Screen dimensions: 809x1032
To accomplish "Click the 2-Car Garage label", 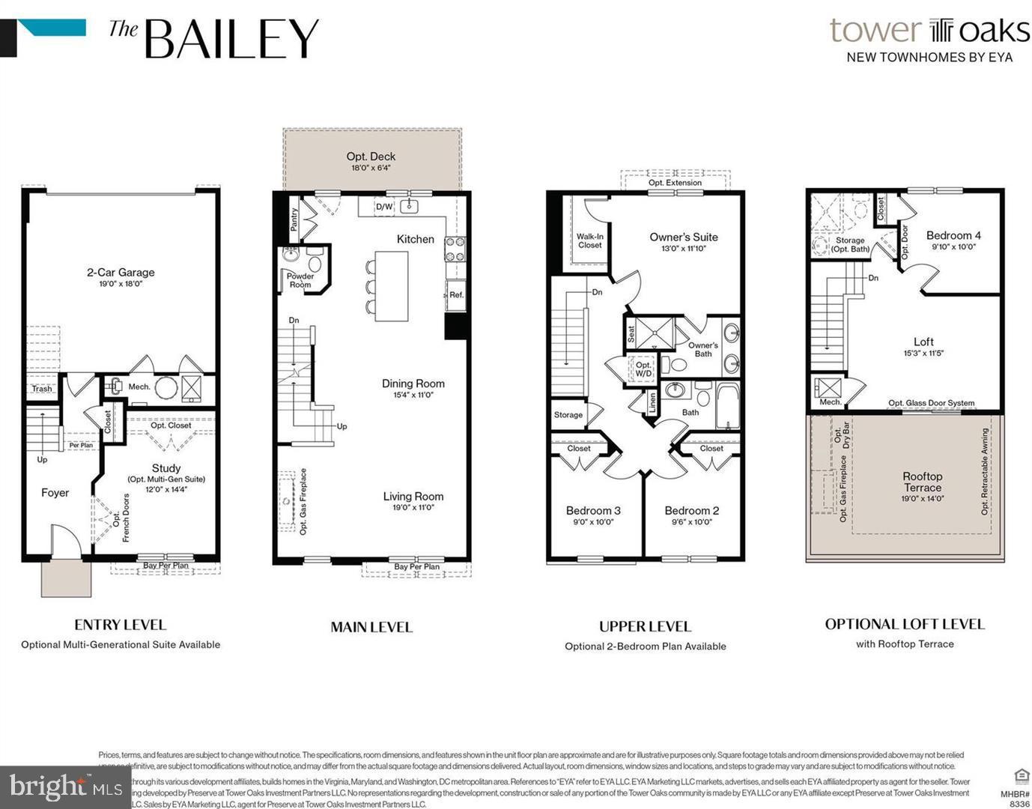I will pos(121,273).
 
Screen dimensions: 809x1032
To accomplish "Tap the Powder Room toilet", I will pos(315,263).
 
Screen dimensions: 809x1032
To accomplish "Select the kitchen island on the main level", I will pos(392,286).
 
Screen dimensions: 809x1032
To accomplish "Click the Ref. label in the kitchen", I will pos(456,294).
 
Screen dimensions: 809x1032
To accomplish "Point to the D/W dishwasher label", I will pos(383,207).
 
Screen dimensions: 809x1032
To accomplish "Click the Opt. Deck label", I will pos(371,157).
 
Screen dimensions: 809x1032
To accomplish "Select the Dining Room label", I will pos(413,384).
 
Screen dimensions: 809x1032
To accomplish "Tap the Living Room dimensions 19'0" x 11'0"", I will pos(413,508).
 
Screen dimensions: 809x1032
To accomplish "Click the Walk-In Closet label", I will pos(589,240).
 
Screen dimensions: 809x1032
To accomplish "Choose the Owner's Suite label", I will pos(683,237).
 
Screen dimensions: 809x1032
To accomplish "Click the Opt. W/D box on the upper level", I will pos(643,369).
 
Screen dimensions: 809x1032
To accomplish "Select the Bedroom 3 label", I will pos(592,511).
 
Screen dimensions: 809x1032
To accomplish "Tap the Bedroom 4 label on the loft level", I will pos(953,235).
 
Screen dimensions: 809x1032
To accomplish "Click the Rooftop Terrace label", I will pos(922,482).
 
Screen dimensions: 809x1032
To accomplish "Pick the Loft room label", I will pos(923,342).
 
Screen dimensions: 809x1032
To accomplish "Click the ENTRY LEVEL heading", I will pos(120,625).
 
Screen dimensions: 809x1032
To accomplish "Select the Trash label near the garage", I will pos(42,388).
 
